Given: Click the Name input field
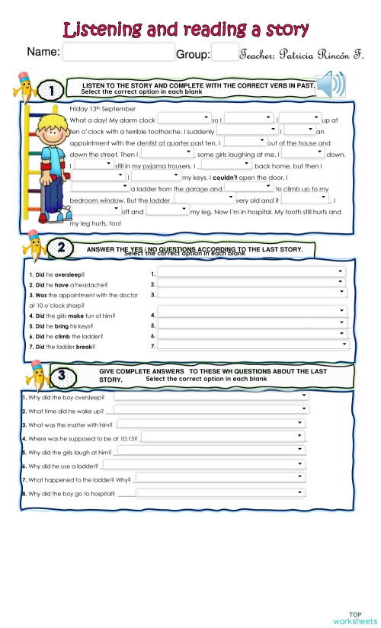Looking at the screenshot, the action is click(x=118, y=52).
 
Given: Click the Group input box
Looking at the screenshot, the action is click(x=224, y=52).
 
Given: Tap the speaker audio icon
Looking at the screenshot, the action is click(x=331, y=85).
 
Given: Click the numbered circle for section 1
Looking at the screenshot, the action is click(x=52, y=91).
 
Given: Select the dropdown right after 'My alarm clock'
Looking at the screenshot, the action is click(x=184, y=119).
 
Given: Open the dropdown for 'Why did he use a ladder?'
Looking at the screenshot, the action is click(x=205, y=465).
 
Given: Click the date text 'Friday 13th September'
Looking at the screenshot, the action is click(x=97, y=108).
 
